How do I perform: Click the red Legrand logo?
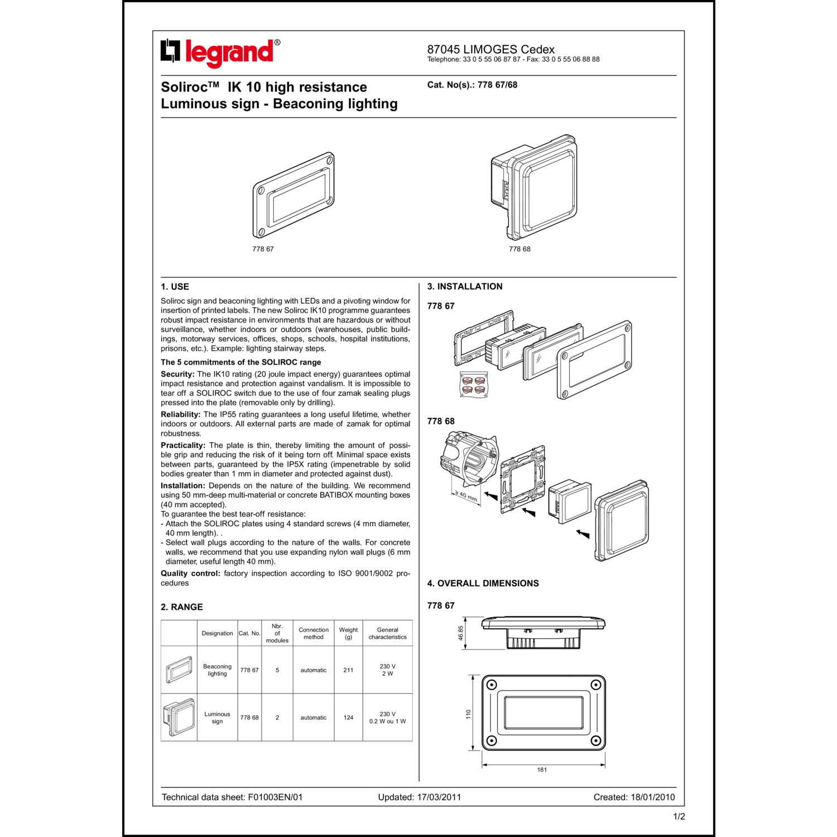[220, 53]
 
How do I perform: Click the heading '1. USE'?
[175, 287]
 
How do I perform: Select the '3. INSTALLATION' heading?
[465, 287]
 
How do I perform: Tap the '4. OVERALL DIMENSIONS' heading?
[483, 584]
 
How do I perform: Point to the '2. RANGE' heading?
[182, 607]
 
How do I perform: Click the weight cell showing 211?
[348, 670]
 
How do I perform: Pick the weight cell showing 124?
[348, 718]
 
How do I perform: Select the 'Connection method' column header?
[314, 633]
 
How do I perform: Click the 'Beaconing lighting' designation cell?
[217, 670]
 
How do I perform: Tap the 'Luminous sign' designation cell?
[217, 718]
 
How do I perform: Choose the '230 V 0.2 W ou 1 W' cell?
[387, 718]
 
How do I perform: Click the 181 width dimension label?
[542, 770]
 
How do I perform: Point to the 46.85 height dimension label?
[461, 633]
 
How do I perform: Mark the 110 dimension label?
[469, 714]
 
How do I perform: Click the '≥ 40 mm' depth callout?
[465, 496]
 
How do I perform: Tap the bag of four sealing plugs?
[473, 384]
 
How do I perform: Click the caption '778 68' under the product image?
[519, 249]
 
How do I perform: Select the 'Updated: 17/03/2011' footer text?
[420, 797]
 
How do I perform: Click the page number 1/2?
[679, 817]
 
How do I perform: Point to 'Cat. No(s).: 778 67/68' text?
[472, 85]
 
